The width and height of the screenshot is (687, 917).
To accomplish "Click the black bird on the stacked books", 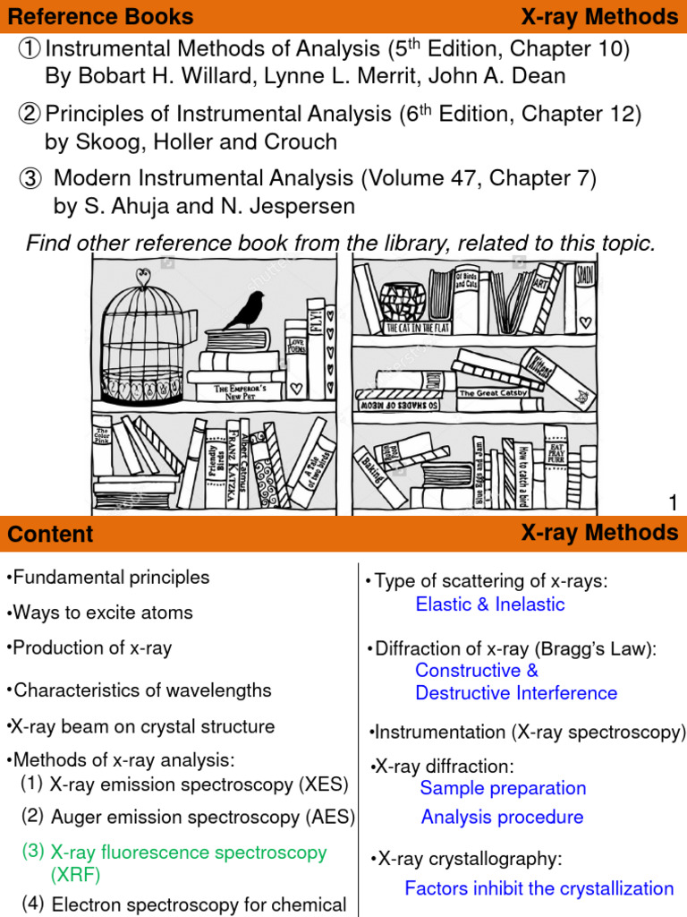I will click(243, 310).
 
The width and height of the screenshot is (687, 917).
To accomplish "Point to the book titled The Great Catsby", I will click(493, 392).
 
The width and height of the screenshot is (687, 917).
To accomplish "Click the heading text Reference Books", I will click(100, 16).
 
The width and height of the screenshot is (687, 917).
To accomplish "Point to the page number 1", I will click(674, 504).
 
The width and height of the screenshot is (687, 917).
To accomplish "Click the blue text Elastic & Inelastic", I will click(489, 604).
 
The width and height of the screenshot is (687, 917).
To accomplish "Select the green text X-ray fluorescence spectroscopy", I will click(188, 852).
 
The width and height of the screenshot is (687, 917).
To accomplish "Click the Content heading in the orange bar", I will click(50, 534).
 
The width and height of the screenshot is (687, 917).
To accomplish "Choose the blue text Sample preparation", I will click(503, 788).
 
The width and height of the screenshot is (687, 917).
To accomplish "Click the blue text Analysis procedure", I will click(502, 817).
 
